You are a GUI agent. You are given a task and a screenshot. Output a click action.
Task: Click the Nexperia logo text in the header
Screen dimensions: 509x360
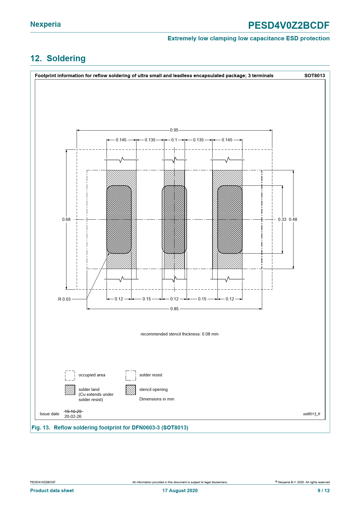pos(46,24)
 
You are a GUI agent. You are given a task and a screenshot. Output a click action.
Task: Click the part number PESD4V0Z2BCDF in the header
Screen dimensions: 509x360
pos(289,26)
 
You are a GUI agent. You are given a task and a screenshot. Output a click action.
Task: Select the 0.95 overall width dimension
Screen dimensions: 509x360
pos(174,130)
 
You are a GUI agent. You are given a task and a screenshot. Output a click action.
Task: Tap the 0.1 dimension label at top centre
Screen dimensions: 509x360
pos(174,140)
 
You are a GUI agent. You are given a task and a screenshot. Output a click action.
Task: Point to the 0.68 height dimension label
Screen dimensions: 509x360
pos(66,219)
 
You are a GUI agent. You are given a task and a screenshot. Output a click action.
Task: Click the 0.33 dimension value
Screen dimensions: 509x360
pos(282,219)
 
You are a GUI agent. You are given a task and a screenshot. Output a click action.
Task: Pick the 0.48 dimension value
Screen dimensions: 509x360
pos(293,219)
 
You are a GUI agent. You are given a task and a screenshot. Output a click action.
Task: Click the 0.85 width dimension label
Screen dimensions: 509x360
pos(174,309)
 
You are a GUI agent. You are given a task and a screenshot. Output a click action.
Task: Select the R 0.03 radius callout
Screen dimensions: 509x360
pos(64,299)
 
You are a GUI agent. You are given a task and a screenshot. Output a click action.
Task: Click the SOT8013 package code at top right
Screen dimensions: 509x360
pos(314,76)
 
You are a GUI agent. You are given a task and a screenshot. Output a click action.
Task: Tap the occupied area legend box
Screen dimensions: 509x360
pos(70,375)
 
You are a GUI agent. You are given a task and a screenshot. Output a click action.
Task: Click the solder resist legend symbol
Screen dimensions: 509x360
pos(131,375)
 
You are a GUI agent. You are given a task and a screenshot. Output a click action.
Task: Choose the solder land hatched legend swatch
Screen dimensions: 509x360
pos(70,390)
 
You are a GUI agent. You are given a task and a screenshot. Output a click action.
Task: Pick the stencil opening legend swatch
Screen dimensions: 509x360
pos(131,390)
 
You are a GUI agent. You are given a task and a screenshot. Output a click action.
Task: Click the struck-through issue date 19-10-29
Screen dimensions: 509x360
pos(73,411)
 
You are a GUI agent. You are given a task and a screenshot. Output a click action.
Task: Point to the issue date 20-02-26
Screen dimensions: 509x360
pos(73,416)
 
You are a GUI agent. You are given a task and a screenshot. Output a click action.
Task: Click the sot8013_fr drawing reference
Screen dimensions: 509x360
pos(312,414)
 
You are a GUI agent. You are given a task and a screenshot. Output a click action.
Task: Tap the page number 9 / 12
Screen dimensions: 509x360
pos(323,490)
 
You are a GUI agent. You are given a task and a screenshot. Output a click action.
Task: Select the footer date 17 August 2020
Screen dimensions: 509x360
pos(180,490)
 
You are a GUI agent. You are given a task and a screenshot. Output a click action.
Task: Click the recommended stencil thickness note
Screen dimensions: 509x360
pos(179,334)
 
